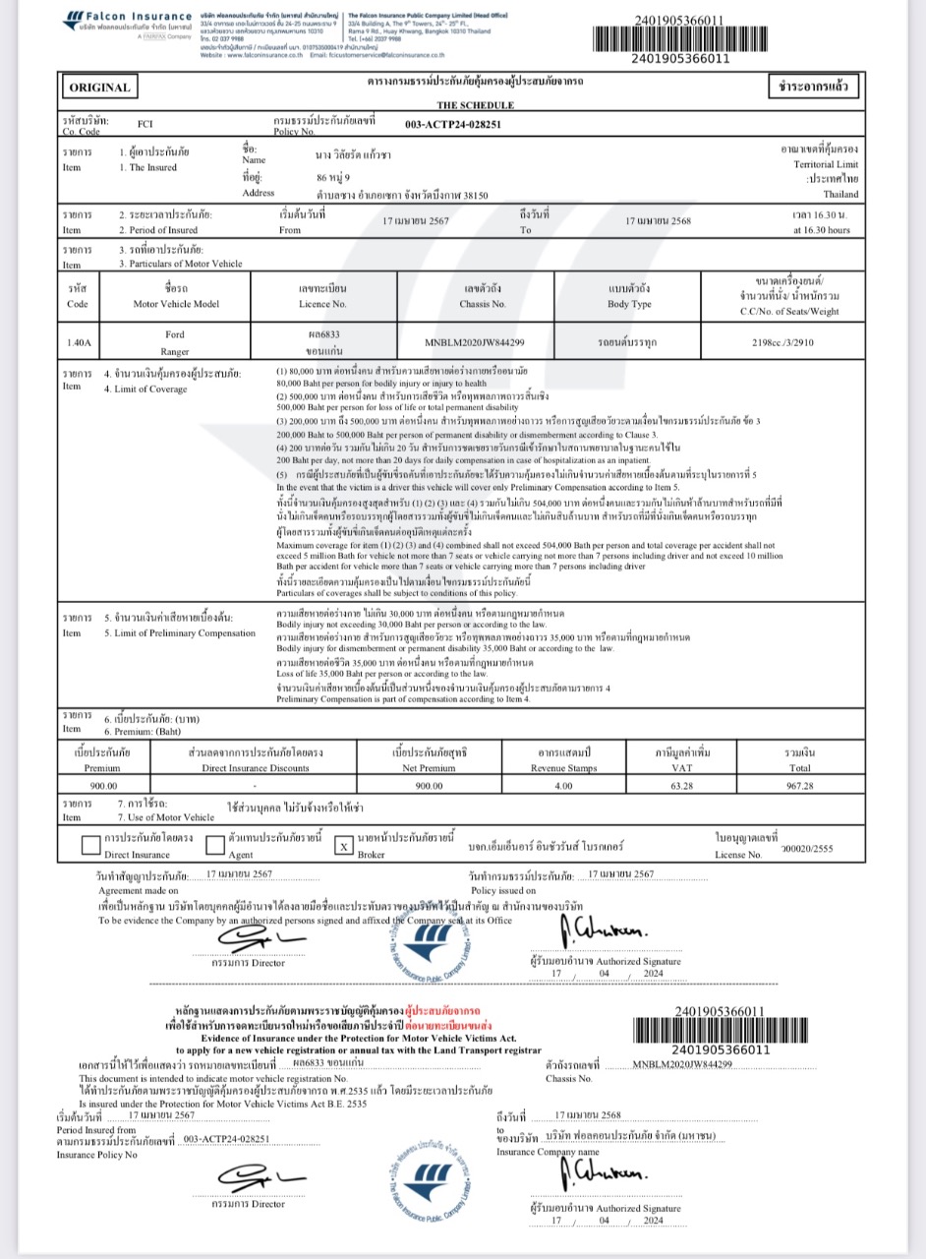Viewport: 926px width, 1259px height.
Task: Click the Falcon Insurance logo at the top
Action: (129, 23)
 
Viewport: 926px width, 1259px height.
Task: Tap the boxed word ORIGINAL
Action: (99, 88)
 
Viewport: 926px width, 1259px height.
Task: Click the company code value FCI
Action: (145, 124)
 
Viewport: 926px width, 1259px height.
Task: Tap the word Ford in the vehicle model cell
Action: (174, 334)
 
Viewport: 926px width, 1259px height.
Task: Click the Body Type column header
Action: (630, 305)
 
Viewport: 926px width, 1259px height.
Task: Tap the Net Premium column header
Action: (430, 767)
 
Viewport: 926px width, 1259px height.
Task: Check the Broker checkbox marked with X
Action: (343, 846)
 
